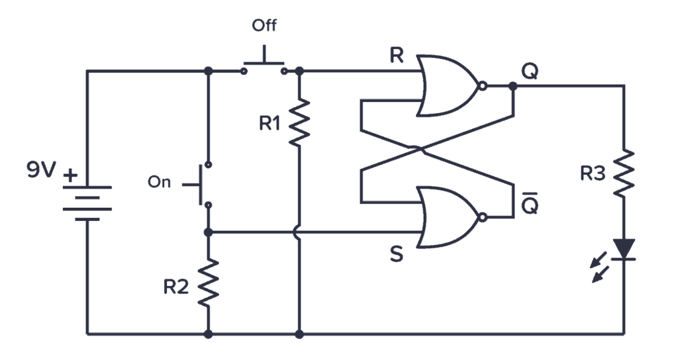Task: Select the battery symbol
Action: (87, 202)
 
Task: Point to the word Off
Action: (264, 26)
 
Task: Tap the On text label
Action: (159, 183)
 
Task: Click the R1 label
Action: (269, 123)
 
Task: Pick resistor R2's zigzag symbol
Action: (209, 282)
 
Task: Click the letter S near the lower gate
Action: (396, 255)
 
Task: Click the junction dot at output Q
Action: (512, 86)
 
